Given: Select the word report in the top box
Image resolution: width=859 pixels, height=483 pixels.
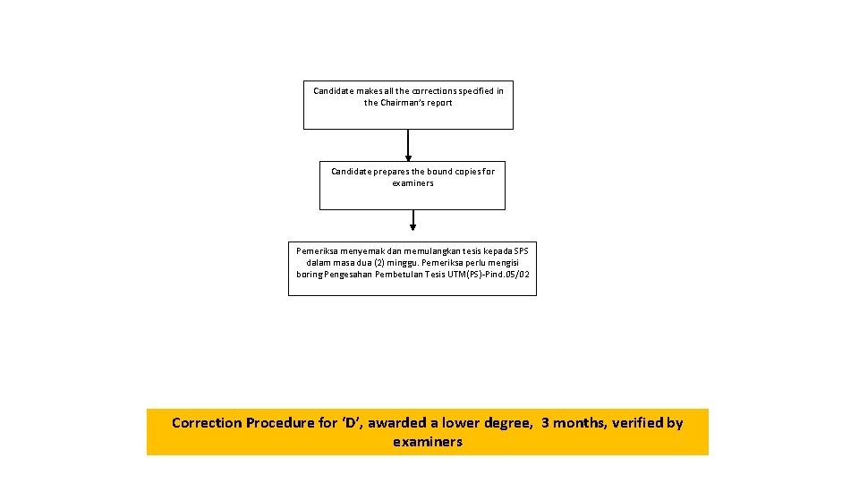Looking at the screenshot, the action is point(440,103).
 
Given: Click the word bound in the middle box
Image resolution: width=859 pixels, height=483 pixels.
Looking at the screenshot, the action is point(439,172).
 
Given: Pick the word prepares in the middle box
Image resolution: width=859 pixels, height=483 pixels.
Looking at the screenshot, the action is point(390,172).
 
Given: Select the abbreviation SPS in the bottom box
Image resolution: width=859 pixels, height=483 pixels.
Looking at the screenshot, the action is point(521,251).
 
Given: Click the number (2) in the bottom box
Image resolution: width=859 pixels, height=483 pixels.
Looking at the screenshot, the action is point(382,263).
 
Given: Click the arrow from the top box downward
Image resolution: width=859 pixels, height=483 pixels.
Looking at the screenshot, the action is point(408,146).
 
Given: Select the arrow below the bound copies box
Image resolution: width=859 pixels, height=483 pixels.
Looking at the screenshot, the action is point(412,221).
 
